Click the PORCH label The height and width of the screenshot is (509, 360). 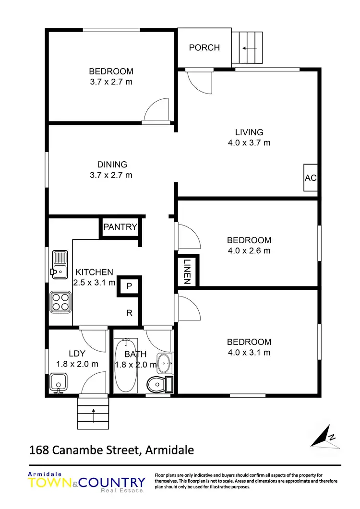tap(204, 47)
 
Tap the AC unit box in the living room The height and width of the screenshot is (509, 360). tap(311, 178)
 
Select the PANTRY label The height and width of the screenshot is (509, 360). tap(120, 227)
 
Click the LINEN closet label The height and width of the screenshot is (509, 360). tap(187, 272)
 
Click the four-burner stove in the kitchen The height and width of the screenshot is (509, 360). tap(60, 302)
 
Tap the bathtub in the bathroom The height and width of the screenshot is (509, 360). tap(126, 365)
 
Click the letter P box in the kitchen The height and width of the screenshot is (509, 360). tap(129, 286)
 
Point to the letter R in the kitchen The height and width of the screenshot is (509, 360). tap(129, 313)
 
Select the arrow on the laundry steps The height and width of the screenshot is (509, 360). tap(93, 411)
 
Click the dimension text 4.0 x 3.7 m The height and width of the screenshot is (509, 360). tap(249, 142)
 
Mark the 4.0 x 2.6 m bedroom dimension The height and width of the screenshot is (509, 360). tap(249, 250)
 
